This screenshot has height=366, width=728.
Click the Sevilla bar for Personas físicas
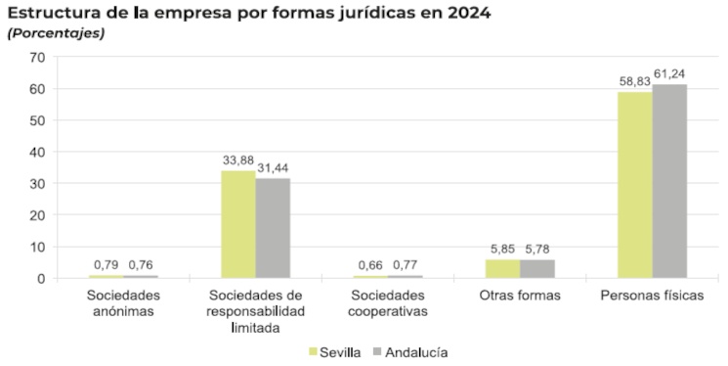(x=634, y=185)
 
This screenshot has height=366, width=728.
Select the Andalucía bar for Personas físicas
(x=670, y=181)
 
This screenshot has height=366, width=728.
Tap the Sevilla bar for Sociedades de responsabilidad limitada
(x=238, y=224)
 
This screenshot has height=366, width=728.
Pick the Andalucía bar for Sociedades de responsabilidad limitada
(x=273, y=228)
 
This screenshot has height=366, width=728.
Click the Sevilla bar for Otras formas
(x=502, y=268)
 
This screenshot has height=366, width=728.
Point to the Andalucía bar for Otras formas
(x=537, y=268)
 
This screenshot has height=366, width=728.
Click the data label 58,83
(x=634, y=83)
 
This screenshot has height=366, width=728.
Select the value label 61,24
(x=670, y=75)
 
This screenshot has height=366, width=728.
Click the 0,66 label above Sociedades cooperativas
(x=369, y=265)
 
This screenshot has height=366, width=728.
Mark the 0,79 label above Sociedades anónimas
(x=106, y=265)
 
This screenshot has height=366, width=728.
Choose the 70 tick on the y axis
(x=38, y=57)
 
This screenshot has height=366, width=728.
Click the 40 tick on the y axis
(x=38, y=152)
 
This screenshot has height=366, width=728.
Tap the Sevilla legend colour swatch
(x=313, y=350)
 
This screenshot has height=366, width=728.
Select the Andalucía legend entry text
(x=416, y=350)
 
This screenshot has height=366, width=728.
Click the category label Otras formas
(x=520, y=295)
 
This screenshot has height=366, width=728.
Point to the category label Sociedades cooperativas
(x=388, y=302)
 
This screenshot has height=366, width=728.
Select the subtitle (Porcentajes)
(x=56, y=33)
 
